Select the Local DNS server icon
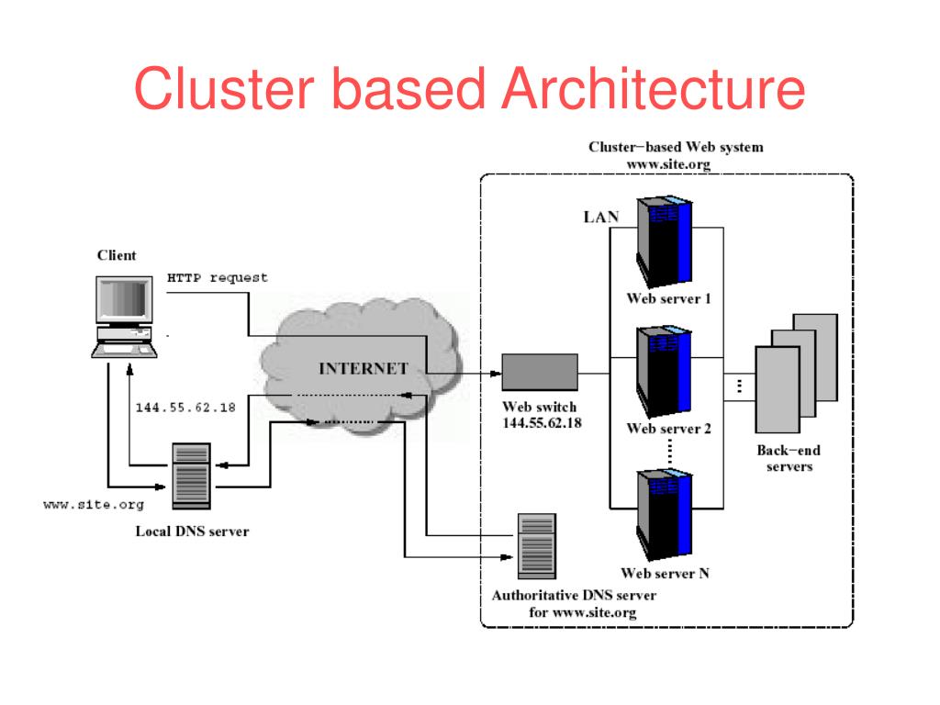192,472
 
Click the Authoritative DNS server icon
537,543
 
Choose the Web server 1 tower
663,242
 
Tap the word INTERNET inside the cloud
364,369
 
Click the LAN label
601,218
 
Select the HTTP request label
218,277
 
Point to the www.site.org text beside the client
94,505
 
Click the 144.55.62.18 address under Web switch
542,423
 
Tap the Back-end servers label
789,458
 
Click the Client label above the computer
117,255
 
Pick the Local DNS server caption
192,531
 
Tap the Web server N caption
665,574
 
